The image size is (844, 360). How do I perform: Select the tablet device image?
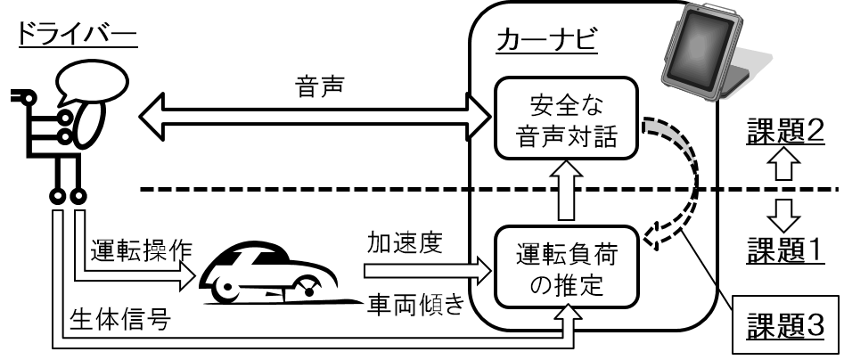click(712, 58)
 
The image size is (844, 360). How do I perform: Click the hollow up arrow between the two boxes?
click(565, 191)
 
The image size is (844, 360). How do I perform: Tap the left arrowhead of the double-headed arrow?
click(154, 115)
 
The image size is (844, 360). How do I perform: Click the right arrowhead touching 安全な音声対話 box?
click(485, 115)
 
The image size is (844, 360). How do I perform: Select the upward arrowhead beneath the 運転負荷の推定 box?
click(566, 315)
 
